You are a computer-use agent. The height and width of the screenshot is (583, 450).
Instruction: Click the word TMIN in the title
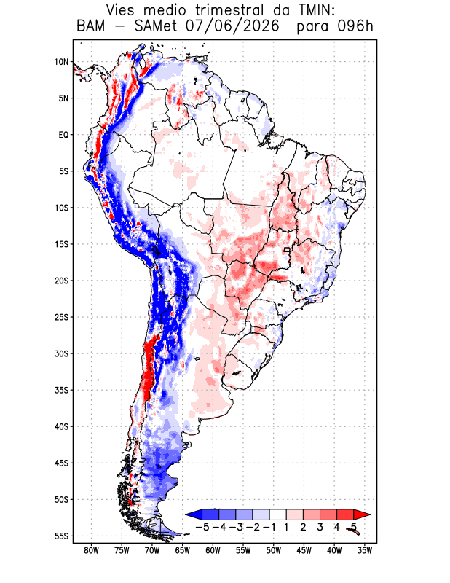[x=315, y=10]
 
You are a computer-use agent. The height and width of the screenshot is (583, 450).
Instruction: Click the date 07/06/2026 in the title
[x=232, y=26]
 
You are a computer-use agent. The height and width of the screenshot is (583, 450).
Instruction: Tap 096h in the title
[x=355, y=26]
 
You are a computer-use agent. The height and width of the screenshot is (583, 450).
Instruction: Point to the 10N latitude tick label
[x=62, y=62]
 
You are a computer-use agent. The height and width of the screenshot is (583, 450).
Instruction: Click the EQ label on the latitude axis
[x=63, y=135]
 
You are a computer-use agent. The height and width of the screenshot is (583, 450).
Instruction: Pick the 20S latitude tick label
[x=62, y=281]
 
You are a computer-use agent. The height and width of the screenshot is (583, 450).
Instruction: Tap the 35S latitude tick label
[x=62, y=390]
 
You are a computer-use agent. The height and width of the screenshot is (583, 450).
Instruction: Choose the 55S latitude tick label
[x=62, y=536]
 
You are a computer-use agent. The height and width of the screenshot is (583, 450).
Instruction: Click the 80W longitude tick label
[x=92, y=551]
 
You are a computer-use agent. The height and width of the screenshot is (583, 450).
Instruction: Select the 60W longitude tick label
[x=213, y=551]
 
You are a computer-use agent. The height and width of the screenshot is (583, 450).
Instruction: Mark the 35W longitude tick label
[x=365, y=551]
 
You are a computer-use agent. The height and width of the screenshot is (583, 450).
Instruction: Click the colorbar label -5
[x=202, y=527]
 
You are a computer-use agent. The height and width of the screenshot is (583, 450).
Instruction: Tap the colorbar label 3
[x=320, y=527]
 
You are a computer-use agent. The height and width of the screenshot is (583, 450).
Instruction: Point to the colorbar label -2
[x=253, y=527]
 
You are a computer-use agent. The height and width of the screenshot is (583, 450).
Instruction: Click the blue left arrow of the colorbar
[x=194, y=514]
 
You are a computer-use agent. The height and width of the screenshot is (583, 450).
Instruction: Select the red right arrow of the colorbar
[x=362, y=514]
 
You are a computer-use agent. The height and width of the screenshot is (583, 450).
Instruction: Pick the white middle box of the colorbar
[x=278, y=514]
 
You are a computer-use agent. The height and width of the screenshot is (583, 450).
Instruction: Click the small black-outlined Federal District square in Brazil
[x=287, y=250]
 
